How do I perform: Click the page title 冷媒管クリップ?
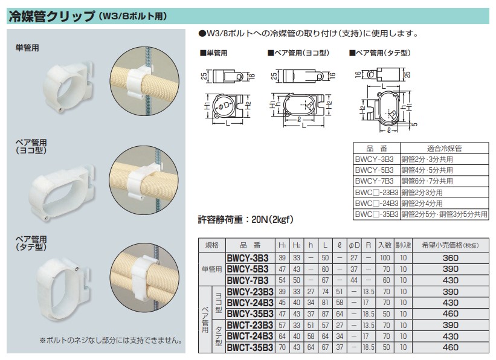[x=51, y=16]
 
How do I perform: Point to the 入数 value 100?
[x=385, y=257]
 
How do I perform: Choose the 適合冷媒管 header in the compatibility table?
[x=444, y=148]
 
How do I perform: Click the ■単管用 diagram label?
[x=213, y=53]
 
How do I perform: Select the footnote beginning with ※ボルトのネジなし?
[x=111, y=339]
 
